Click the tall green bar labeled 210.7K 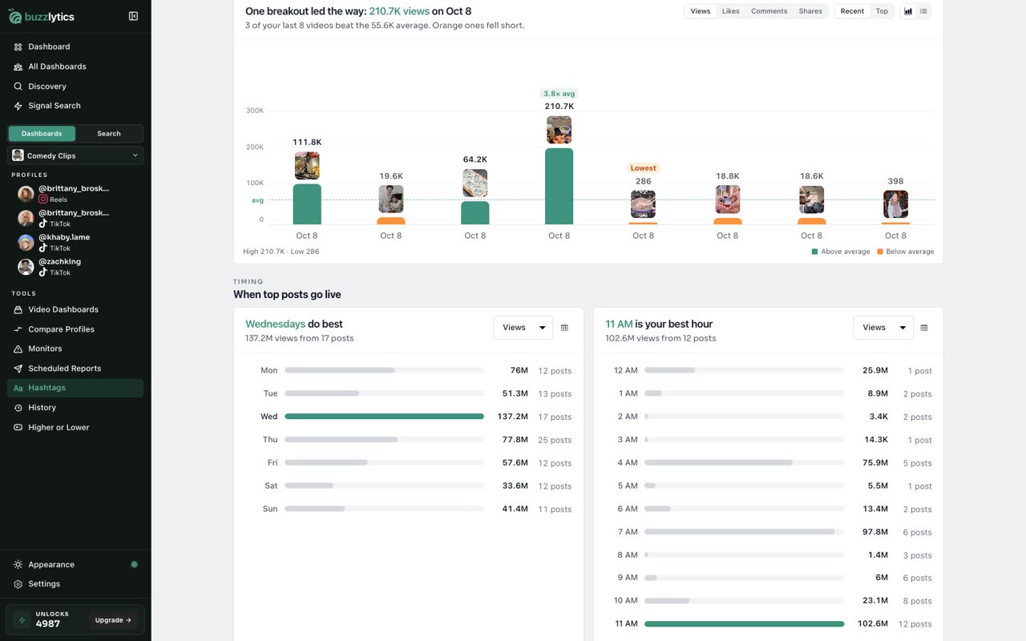point(559,187)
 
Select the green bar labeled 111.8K point(307,204)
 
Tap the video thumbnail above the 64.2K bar point(475,183)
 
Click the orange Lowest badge point(643,168)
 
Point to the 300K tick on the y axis point(255,111)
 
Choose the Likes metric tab point(730,11)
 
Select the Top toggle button point(882,11)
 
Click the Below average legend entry point(905,252)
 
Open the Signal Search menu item point(54,106)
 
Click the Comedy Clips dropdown point(75,155)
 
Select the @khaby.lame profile point(64,242)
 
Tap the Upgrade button point(113,620)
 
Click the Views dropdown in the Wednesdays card point(523,328)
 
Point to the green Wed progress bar point(384,416)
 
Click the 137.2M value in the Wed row point(512,416)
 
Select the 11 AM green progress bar point(745,623)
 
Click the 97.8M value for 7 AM point(875,531)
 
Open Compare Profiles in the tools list point(61,329)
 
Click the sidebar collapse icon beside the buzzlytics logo point(133,17)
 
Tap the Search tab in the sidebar point(109,134)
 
